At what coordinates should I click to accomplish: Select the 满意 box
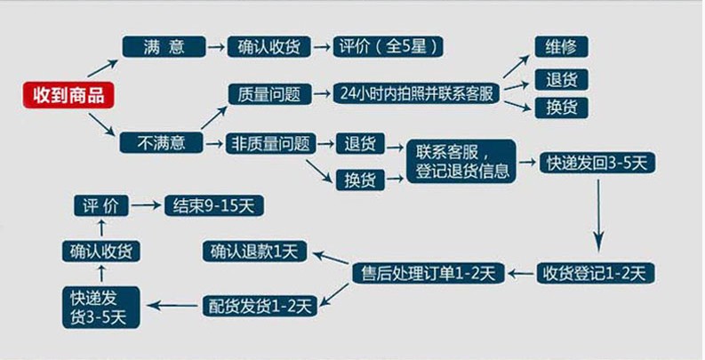point(164,47)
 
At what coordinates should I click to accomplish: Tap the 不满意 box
point(164,142)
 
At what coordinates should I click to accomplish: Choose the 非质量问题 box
point(269,142)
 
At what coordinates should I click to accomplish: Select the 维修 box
point(561,47)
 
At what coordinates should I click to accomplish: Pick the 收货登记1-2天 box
point(596,271)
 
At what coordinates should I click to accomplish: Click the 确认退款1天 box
point(253,252)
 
